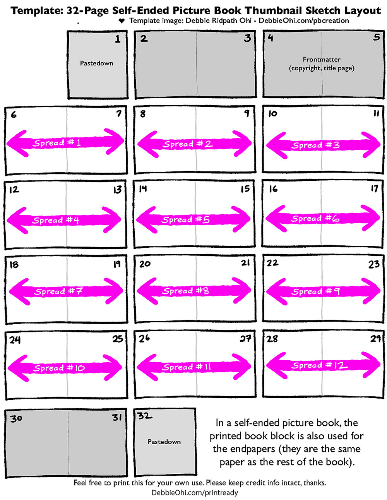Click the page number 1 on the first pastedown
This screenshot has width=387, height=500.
coord(118,39)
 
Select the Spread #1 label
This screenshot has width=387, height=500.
coord(57,143)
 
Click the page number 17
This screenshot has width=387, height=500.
coord(374,189)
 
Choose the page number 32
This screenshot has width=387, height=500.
coord(145,416)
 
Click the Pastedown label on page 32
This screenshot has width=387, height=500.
coord(164,442)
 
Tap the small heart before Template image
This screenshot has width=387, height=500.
coord(122,21)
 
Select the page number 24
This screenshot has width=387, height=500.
coord(15,340)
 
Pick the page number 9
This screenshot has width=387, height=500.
coord(247,114)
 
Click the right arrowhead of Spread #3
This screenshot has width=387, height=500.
coord(370,145)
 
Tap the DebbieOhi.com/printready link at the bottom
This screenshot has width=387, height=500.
coord(195,493)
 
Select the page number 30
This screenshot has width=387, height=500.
coord(16,418)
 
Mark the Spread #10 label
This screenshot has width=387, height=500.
coord(58,368)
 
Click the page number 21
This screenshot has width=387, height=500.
coord(245,263)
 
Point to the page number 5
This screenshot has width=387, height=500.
coord(376,38)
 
